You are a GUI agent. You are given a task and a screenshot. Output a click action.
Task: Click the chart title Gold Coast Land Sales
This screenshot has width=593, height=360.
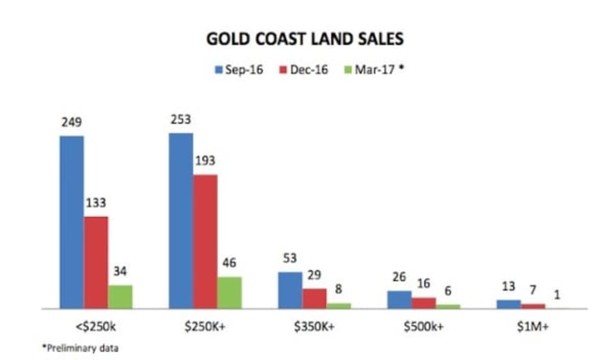305,39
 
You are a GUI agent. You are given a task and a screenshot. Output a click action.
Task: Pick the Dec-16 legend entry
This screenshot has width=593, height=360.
304,70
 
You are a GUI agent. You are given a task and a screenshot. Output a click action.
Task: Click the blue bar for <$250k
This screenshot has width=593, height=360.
72,222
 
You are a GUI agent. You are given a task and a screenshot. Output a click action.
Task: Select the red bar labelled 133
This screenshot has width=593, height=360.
96,262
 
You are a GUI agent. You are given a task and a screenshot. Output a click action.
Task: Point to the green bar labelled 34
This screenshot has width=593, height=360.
120,297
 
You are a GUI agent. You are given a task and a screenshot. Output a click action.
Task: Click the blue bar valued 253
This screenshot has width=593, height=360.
181,221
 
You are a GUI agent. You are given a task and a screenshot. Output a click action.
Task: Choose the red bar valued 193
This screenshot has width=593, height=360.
205,241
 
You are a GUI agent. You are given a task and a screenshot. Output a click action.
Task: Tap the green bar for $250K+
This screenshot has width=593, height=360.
229,292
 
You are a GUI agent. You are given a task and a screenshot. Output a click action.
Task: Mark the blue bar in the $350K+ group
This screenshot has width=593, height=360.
290,290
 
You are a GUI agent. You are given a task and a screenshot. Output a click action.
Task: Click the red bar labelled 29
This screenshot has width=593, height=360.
314,299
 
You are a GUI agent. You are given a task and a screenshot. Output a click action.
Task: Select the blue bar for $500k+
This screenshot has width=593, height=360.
399,300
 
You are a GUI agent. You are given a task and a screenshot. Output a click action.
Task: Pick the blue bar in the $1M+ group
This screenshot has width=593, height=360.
508,304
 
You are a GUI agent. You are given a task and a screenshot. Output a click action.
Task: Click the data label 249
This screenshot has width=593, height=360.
72,123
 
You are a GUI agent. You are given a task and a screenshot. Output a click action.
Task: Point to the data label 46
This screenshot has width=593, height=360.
229,264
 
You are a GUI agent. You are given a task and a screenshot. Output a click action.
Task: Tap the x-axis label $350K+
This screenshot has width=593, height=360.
314,327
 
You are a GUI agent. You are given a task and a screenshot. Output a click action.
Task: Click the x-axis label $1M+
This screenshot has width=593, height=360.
533,327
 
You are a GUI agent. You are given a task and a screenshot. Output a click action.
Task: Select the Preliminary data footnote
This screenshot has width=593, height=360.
80,348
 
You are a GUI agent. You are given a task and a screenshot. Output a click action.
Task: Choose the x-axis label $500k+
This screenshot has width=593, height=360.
423,327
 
